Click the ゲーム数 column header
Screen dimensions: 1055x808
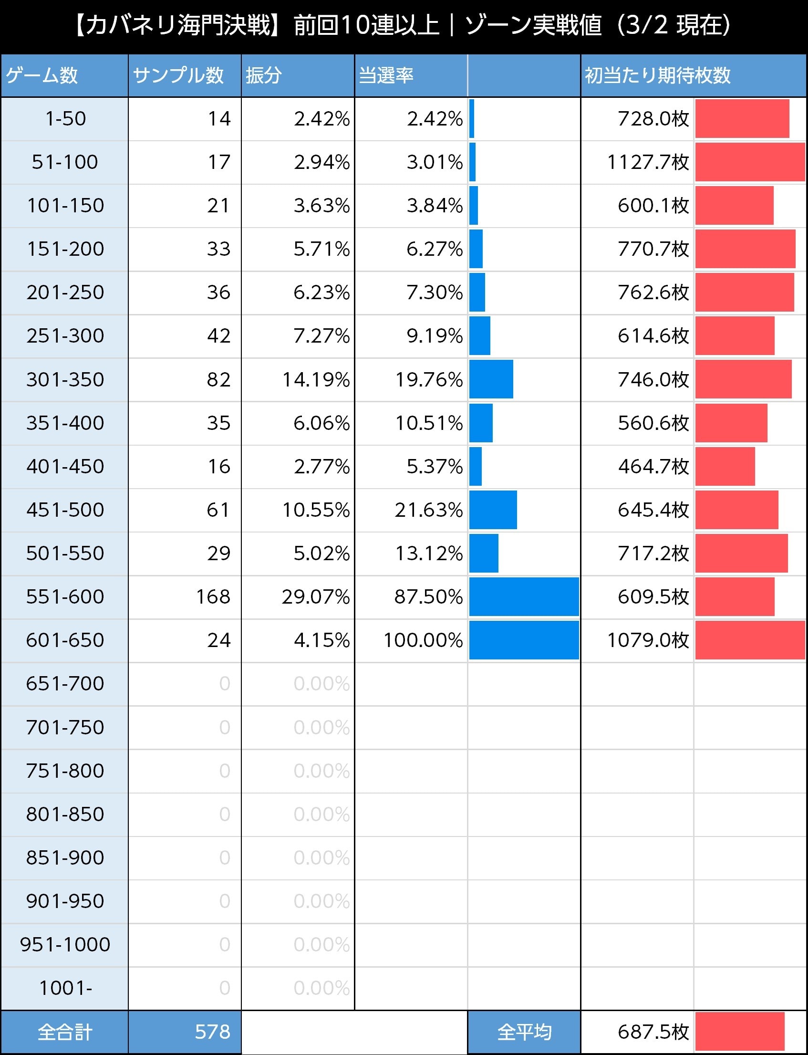(42, 75)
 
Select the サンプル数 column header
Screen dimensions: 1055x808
(178, 75)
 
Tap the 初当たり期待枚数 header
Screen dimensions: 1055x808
(657, 75)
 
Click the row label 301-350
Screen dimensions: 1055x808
(65, 379)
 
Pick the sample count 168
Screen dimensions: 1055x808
(213, 597)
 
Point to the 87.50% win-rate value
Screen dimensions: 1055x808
(428, 597)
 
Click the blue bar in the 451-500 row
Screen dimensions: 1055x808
(493, 510)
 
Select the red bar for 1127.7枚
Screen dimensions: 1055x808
(749, 162)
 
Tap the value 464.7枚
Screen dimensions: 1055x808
(653, 467)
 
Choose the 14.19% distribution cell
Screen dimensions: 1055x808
(315, 379)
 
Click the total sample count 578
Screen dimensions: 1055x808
(213, 1032)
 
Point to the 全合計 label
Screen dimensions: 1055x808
(65, 1033)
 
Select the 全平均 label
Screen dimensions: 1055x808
(524, 1033)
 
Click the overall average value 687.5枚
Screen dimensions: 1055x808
(653, 1032)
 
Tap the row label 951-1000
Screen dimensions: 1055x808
(65, 944)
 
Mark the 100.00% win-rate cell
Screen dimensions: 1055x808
(423, 640)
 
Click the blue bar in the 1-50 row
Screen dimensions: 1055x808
(472, 119)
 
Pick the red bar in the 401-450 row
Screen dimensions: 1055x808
(725, 467)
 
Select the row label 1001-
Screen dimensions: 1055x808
(65, 988)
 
